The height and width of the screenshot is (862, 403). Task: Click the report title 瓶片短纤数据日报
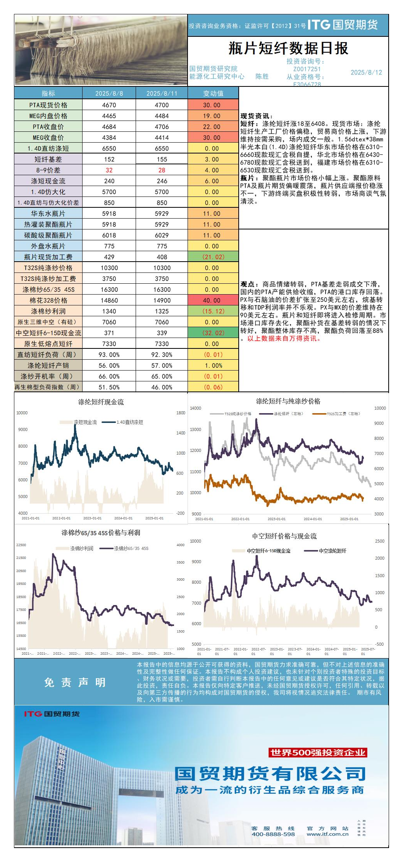[288, 48]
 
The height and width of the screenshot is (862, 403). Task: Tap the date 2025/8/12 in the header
[366, 72]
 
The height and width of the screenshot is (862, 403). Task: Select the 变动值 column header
[213, 93]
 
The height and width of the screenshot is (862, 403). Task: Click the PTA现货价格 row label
[48, 105]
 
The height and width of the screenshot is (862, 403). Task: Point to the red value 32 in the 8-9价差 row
[109, 170]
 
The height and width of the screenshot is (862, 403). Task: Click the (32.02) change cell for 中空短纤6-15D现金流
[213, 333]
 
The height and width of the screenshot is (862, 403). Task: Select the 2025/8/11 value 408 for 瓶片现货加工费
[162, 257]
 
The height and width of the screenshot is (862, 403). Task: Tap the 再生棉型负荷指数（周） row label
[47, 387]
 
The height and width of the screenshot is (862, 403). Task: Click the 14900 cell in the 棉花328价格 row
[162, 300]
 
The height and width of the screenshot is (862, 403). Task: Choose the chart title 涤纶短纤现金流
[101, 402]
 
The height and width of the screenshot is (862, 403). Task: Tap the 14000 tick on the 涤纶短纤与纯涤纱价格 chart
[196, 408]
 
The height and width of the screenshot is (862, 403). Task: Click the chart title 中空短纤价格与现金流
[284, 536]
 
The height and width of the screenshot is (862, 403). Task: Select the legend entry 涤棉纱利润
[81, 548]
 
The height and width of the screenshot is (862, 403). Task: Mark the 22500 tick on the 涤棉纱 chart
[21, 545]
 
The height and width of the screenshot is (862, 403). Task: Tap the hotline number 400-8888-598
[273, 834]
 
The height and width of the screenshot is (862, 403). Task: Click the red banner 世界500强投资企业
[318, 752]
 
